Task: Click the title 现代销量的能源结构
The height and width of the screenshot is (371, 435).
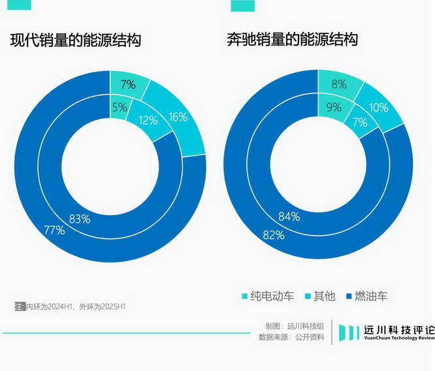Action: pos(76,40)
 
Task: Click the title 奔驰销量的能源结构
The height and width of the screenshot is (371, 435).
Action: pos(292,40)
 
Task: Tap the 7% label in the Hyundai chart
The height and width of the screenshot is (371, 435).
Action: pos(128,84)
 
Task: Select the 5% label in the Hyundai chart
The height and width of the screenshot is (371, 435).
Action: pos(119,108)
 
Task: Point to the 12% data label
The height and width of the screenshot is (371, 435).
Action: pos(148,120)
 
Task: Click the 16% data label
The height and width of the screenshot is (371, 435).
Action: pos(178,117)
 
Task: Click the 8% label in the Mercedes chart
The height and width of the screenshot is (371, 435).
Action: pos(338,84)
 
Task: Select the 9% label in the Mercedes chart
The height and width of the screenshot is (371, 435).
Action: pos(334,107)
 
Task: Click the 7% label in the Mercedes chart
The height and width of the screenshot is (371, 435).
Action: pos(359,122)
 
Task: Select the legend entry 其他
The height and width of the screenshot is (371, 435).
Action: pos(318,296)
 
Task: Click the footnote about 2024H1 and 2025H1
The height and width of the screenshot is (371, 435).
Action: pos(70,306)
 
